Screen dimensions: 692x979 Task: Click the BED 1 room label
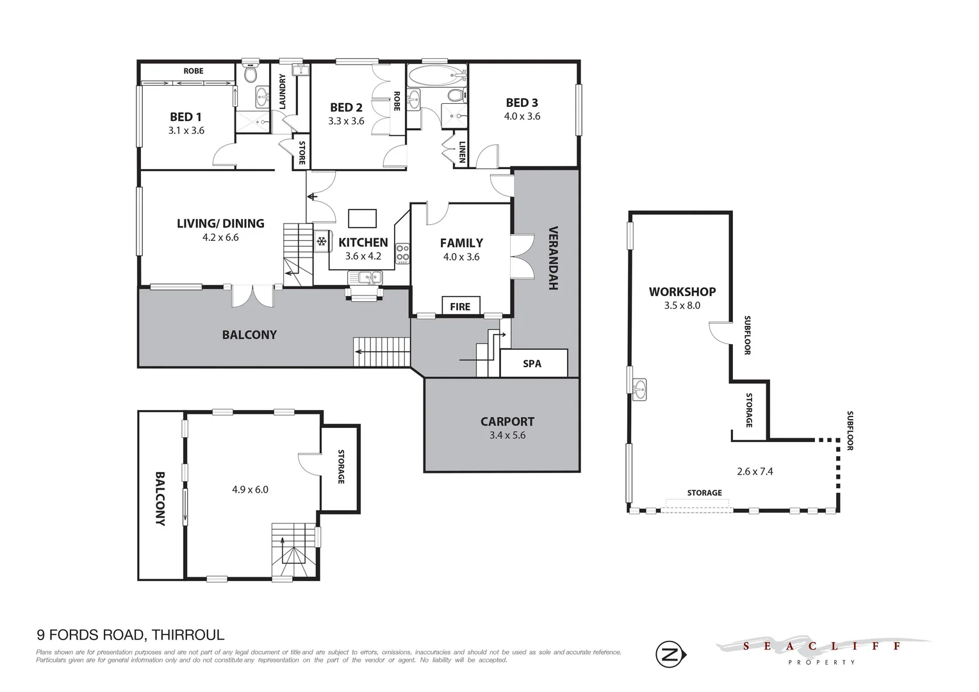[186, 117]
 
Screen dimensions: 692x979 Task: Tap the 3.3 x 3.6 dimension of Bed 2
[346, 121]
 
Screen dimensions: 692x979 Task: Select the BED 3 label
[522, 103]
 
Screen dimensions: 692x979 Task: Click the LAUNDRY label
[282, 91]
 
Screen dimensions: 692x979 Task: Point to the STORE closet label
[302, 152]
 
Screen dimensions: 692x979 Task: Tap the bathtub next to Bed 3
[436, 76]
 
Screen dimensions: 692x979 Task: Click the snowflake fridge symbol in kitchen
[322, 242]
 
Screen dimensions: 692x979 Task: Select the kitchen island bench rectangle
[362, 218]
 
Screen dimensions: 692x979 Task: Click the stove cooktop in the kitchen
[402, 253]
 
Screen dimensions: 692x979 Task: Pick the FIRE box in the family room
[460, 306]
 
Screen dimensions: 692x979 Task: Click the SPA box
[532, 363]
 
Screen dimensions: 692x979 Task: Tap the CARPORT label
[507, 422]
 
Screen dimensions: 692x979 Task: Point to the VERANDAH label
[554, 258]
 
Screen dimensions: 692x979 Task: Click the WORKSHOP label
[682, 292]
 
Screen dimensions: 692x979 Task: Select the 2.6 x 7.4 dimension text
[755, 471]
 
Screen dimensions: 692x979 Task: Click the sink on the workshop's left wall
[638, 389]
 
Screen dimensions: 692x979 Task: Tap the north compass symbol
[668, 654]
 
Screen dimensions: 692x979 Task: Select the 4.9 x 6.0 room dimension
[250, 490]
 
